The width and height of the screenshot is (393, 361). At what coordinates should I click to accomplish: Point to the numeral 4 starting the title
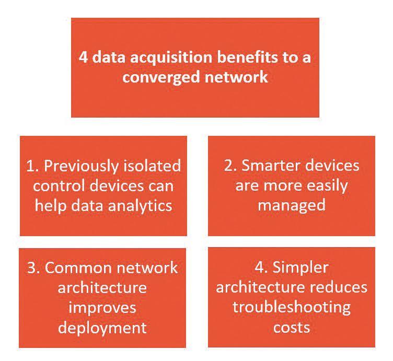coord(83,57)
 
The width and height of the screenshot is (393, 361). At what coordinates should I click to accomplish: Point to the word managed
coord(291,204)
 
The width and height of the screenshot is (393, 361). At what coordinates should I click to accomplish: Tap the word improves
coord(102,308)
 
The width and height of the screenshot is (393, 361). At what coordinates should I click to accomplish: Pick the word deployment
coord(102,327)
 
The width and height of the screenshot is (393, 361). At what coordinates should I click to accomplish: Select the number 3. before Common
coord(32,268)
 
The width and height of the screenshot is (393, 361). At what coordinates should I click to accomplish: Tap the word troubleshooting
coord(292,307)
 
